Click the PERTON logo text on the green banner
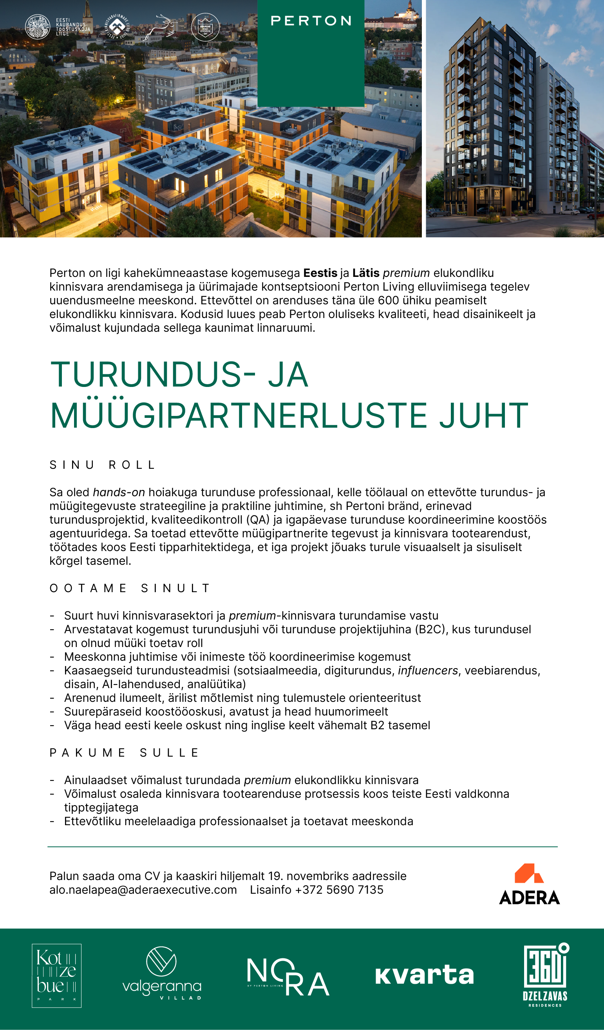311,21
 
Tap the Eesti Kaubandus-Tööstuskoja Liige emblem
38,27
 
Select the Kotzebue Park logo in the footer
57,976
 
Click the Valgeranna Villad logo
162,973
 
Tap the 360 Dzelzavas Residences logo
546,975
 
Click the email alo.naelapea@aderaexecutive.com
143,898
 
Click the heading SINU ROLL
102,465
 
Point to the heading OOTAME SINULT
130,588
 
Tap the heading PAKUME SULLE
124,752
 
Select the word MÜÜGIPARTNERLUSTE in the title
239,416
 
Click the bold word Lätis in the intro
366,273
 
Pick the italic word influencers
428,671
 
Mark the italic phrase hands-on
119,493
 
